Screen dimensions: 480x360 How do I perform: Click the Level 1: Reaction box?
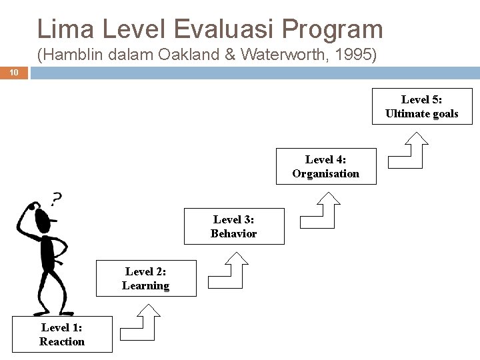coord(62,335)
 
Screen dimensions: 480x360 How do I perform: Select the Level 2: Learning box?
coord(146,279)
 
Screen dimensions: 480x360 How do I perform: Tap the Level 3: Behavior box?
coord(233,226)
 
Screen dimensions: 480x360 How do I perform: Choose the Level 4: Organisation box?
coord(325,167)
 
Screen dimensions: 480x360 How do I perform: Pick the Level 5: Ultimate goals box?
coord(421,107)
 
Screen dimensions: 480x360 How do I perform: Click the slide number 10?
coord(14,73)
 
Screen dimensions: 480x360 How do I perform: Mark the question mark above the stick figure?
coord(57,198)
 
